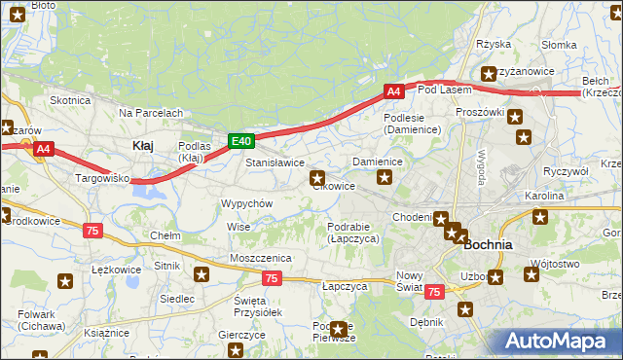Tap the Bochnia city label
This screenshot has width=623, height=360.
click(489, 245)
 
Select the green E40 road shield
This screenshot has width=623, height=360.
click(242, 141)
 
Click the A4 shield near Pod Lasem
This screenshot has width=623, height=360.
click(392, 91)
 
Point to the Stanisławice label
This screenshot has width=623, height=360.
click(275, 162)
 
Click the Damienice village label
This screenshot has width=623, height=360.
click(378, 161)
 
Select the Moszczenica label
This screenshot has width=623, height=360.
click(261, 257)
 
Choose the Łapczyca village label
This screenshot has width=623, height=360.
click(344, 287)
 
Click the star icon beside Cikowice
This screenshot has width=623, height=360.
click(317, 178)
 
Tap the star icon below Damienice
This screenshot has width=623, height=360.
click(385, 177)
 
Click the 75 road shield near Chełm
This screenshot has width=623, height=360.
click(92, 231)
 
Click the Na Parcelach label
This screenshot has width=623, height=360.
click(151, 113)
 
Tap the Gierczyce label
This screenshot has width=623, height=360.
click(242, 335)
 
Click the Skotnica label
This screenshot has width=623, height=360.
click(70, 100)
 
